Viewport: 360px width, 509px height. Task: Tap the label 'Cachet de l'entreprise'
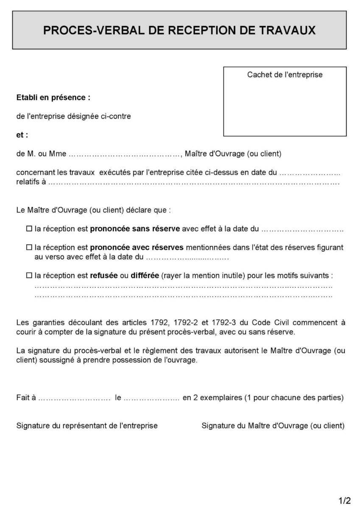(x=285, y=75)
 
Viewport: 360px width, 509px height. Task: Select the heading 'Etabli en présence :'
(x=53, y=98)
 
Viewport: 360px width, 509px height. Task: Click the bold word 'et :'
(x=22, y=135)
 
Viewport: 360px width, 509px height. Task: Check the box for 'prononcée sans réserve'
(x=29, y=229)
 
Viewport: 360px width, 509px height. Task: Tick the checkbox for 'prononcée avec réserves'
(x=29, y=247)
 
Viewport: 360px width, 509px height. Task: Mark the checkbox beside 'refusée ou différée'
(x=29, y=275)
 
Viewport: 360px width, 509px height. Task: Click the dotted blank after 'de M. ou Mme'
(x=125, y=154)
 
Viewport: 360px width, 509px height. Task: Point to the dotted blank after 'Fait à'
(x=74, y=398)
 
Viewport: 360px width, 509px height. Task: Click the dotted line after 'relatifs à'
(x=194, y=183)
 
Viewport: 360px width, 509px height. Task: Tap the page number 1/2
(x=345, y=501)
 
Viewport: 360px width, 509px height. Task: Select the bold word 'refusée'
(x=104, y=275)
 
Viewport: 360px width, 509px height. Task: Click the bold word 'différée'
(x=145, y=275)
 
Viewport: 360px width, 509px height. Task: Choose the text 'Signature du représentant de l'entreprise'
(x=87, y=425)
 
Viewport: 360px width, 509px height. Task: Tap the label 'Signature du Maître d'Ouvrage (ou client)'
(x=273, y=425)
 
